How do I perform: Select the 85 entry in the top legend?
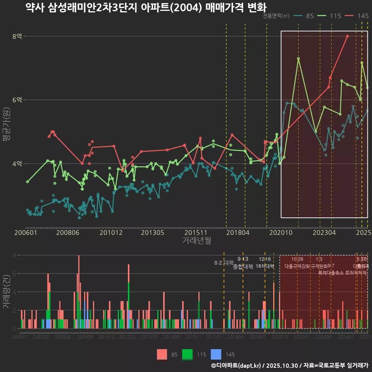(305, 16)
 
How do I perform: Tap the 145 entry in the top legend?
(358, 16)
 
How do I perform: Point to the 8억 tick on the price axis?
(17, 36)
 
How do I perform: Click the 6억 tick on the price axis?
(17, 100)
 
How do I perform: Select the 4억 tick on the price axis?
(17, 164)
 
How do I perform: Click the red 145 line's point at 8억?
(348, 36)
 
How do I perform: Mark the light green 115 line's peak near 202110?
(298, 59)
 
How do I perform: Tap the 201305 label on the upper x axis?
(152, 233)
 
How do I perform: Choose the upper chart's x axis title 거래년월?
(196, 241)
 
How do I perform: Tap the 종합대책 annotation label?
(243, 267)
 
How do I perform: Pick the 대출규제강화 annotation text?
(297, 267)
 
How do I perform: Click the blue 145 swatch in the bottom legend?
(216, 354)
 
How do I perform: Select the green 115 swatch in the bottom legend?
(188, 354)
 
